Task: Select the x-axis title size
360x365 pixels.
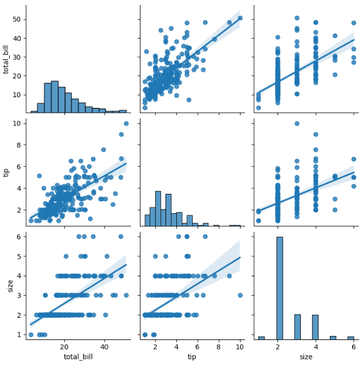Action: pos(305,357)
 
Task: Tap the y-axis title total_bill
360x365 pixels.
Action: pos(7,59)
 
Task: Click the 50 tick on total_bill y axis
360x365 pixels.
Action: pos(18,19)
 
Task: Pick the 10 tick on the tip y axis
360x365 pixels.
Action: pos(18,123)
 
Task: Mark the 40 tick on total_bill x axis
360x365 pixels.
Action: pos(105,347)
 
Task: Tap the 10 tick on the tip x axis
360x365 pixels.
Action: pos(240,347)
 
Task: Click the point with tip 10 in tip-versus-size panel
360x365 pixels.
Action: pos(297,123)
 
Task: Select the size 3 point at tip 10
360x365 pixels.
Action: pos(240,295)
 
